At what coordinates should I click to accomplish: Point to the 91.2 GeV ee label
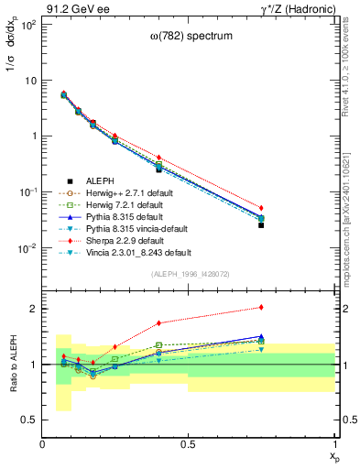(x=71, y=8)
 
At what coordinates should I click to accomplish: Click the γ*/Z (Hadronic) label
(x=298, y=8)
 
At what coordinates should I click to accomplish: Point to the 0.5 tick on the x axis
(x=189, y=444)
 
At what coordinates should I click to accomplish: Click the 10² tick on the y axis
(x=27, y=24)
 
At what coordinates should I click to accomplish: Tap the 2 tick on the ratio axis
(x=33, y=309)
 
